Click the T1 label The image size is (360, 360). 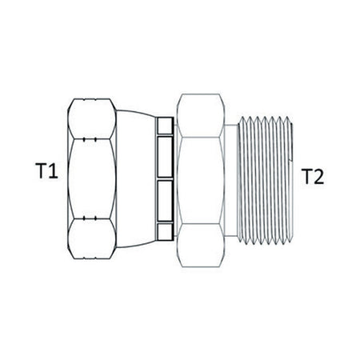[46, 171]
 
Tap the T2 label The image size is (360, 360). [314, 176]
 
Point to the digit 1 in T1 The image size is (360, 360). [54, 171]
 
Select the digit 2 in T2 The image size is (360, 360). [318, 176]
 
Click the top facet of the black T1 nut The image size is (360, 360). [92, 118]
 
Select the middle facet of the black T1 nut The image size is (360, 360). [92, 178]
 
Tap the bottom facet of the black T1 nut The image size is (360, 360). [92, 239]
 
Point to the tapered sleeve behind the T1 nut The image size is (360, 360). [135, 179]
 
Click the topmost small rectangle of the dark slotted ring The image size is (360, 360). [165, 126]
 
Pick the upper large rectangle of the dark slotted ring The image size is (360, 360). [165, 157]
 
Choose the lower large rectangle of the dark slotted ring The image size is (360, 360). [165, 201]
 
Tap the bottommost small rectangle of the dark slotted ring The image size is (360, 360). [165, 231]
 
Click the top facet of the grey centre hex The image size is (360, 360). [201, 115]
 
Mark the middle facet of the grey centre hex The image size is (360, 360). [201, 181]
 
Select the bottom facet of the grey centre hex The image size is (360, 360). [201, 246]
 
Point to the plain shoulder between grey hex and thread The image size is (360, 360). [231, 180]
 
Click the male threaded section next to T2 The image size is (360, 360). [266, 181]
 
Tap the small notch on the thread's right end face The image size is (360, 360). [293, 161]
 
